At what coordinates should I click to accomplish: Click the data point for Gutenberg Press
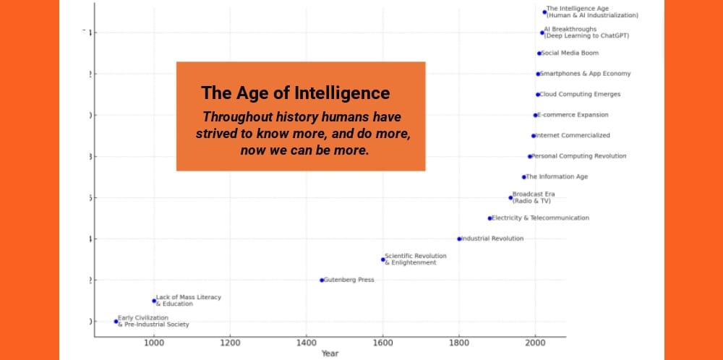tap(322, 280)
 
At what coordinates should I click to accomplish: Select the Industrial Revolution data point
tap(459, 239)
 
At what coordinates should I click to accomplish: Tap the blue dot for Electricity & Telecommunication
tap(489, 218)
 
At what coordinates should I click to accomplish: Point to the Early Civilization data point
tap(116, 321)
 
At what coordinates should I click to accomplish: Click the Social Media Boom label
tap(570, 53)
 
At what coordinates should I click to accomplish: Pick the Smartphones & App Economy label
tap(586, 74)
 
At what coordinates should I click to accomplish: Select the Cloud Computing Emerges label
tap(580, 94)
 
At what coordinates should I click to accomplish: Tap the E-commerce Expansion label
tap(573, 115)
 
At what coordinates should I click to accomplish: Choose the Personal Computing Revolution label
tap(579, 156)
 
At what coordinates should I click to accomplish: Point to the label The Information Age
tap(557, 177)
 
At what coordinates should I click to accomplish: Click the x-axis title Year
tap(329, 353)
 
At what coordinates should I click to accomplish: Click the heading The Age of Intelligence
tap(296, 93)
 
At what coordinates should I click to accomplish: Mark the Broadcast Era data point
tap(510, 197)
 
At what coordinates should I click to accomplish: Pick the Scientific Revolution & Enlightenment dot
tap(383, 260)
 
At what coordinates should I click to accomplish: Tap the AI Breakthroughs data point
tap(542, 33)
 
